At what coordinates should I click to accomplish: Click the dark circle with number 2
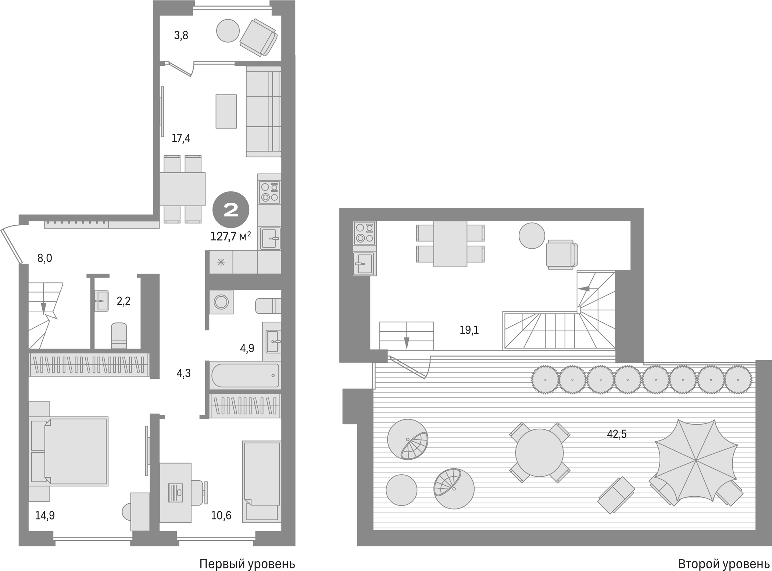[231, 210]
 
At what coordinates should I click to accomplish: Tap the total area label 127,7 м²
[230, 236]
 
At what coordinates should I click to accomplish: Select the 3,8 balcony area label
[181, 36]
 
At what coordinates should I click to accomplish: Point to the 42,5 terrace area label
[616, 434]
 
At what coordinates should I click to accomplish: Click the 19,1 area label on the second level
[469, 330]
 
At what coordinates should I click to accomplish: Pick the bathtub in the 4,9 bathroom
[245, 375]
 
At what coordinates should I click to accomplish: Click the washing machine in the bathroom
[221, 302]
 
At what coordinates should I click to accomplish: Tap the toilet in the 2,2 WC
[119, 335]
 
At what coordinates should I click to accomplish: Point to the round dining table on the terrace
[539, 453]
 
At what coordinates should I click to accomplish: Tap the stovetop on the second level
[364, 233]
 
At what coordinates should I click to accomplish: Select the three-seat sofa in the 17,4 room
[263, 111]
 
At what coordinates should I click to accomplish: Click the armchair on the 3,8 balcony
[258, 37]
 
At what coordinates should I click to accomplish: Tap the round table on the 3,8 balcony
[228, 31]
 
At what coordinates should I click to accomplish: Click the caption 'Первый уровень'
[247, 564]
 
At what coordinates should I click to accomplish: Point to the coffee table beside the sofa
[226, 111]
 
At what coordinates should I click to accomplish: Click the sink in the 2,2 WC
[101, 301]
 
